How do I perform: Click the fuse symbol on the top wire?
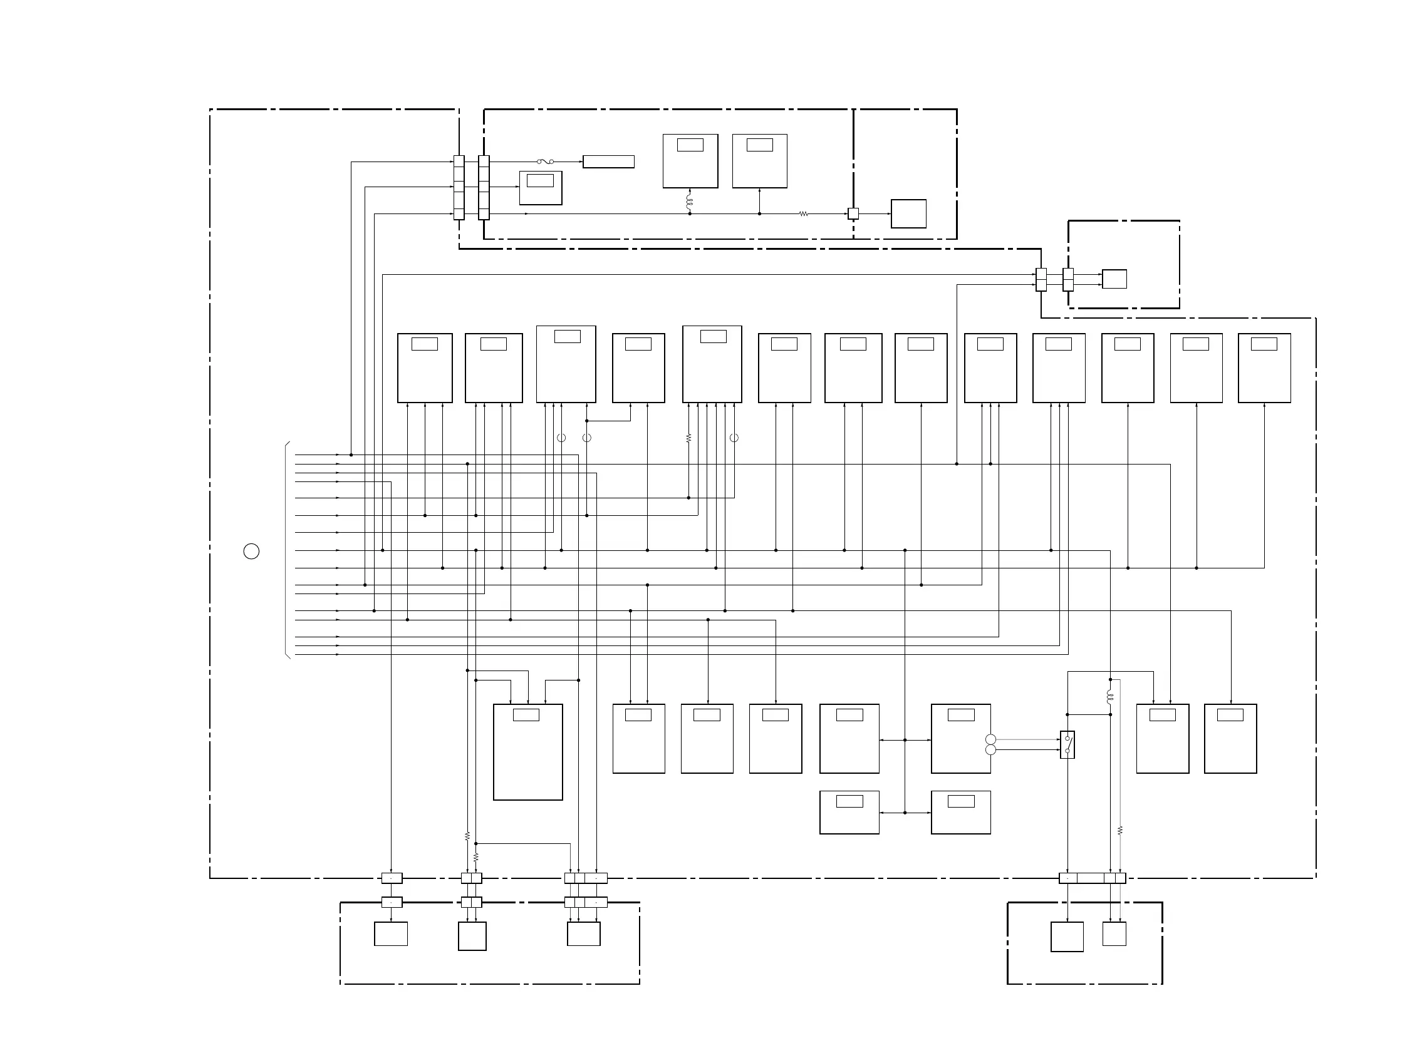click(x=545, y=162)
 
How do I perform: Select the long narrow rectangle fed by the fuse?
click(x=608, y=162)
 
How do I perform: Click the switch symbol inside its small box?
click(x=1067, y=744)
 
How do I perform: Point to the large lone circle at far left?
click(x=251, y=551)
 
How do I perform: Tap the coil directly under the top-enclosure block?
click(x=690, y=202)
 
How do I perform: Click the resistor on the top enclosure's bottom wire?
click(x=803, y=214)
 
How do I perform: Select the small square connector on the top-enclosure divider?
click(x=853, y=214)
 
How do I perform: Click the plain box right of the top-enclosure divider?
click(x=908, y=213)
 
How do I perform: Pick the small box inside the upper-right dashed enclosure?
click(x=1114, y=279)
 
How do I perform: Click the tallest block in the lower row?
click(x=527, y=751)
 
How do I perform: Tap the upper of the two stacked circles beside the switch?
click(x=990, y=739)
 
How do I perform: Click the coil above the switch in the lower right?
click(x=1110, y=697)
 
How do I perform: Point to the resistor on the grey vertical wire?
click(x=1120, y=830)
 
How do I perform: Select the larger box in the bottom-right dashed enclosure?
click(x=1067, y=937)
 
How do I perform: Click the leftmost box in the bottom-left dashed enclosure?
click(x=390, y=934)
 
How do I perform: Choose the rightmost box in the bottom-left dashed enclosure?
click(x=583, y=934)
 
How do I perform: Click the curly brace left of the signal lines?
click(x=287, y=550)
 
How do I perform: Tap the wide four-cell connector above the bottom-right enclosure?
click(x=1092, y=878)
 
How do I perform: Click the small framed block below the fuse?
click(x=540, y=188)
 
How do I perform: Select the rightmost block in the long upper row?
click(x=1264, y=367)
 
